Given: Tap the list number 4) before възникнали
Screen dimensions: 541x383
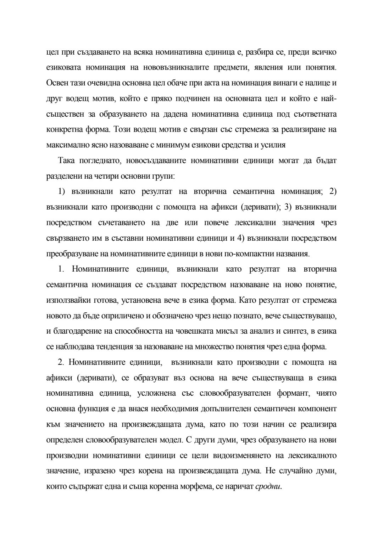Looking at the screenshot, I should pyautogui.click(x=240, y=238).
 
